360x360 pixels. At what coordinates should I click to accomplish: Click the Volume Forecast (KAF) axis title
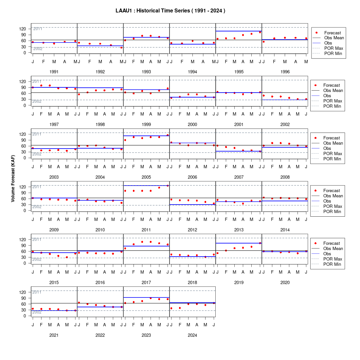pyautogui.click(x=13, y=179)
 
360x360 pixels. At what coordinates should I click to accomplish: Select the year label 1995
pyautogui.click(x=239, y=72)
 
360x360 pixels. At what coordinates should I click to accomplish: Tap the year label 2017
pyautogui.click(x=146, y=283)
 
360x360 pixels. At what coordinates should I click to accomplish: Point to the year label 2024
pyautogui.click(x=192, y=335)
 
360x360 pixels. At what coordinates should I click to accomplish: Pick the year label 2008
pyautogui.click(x=285, y=177)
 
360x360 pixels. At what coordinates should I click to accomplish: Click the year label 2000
pyautogui.click(x=192, y=124)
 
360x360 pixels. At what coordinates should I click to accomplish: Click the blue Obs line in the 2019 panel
pyautogui.click(x=239, y=243)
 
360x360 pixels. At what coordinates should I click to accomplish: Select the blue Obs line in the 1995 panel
pyautogui.click(x=239, y=31)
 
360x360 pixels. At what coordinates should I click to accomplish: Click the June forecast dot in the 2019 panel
pyautogui.click(x=260, y=243)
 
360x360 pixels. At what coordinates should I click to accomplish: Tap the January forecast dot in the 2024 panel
pyautogui.click(x=171, y=308)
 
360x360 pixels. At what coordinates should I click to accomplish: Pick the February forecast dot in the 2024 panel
pyautogui.click(x=180, y=308)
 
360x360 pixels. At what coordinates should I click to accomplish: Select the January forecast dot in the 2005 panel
pyautogui.click(x=125, y=140)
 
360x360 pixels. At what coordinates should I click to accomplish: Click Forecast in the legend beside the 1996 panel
pyautogui.click(x=333, y=33)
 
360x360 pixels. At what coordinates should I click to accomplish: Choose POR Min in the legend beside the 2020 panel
pyautogui.click(x=332, y=264)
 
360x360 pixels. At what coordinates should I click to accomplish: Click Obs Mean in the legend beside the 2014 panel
pyautogui.click(x=333, y=196)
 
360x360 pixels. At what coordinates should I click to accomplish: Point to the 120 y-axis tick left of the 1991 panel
pyautogui.click(x=23, y=29)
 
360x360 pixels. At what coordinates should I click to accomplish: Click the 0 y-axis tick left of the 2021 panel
pyautogui.click(x=25, y=316)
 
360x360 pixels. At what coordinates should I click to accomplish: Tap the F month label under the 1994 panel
pyautogui.click(x=182, y=62)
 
